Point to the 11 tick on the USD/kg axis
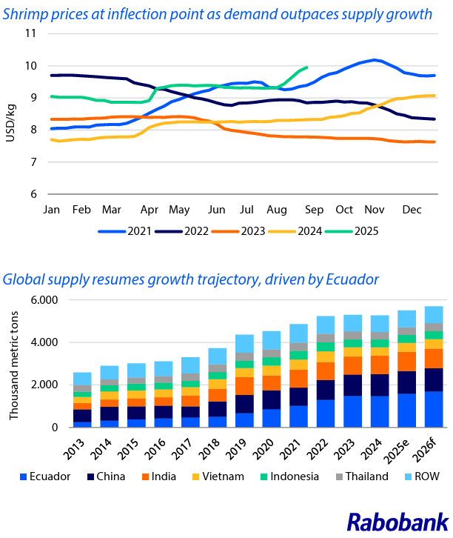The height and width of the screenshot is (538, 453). point(31,33)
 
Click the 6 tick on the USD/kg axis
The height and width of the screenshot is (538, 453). point(34,194)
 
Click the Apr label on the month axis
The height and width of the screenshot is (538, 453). point(150,210)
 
